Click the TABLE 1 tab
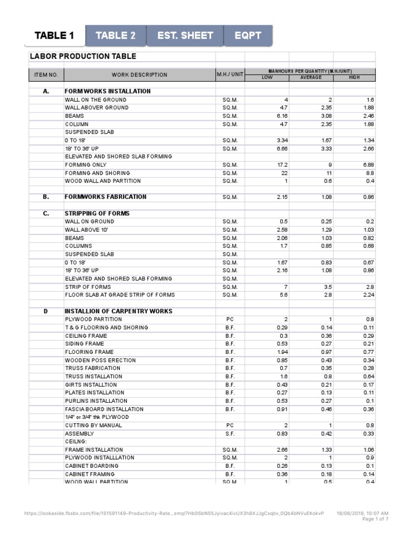[x=54, y=36]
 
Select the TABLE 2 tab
[x=116, y=36]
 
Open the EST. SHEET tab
[x=185, y=36]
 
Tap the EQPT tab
[x=248, y=36]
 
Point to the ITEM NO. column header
[x=46, y=75]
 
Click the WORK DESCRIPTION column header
[x=140, y=75]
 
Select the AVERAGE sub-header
[x=311, y=77]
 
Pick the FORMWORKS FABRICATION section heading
[x=105, y=197]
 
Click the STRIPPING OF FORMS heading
[x=97, y=213]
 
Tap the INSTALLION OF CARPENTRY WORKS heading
[x=118, y=311]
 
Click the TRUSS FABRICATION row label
[x=92, y=368]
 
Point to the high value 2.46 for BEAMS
[x=368, y=116]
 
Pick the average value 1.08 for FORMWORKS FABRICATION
[x=325, y=197]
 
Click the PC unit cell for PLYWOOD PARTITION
[x=230, y=319]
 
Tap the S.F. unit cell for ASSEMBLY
[x=230, y=433]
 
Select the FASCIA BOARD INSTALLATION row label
[x=104, y=409]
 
